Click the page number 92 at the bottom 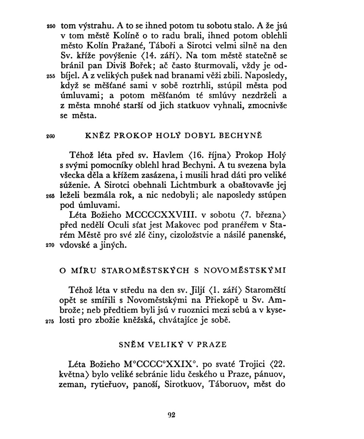[172, 415]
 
